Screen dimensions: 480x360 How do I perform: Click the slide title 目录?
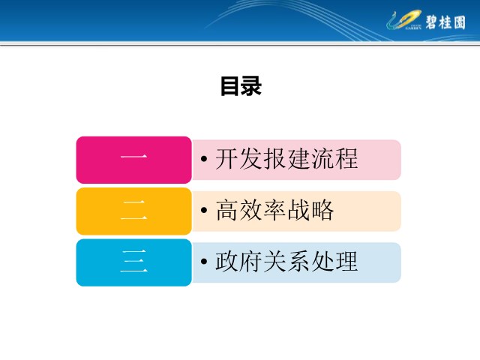tap(241, 86)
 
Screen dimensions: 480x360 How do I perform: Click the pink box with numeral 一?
tap(133, 160)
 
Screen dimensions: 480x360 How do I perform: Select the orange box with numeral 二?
tap(133, 211)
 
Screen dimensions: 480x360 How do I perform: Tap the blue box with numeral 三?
tap(133, 262)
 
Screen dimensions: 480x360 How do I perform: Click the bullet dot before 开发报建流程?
tap(204, 158)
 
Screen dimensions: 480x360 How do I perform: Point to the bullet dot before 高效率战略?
tap(204, 210)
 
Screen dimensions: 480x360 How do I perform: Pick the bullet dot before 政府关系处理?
tap(204, 262)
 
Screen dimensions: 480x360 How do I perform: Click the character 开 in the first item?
tap(226, 158)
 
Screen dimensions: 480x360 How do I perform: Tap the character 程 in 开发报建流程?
tap(346, 158)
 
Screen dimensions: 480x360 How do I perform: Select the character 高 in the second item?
tap(226, 210)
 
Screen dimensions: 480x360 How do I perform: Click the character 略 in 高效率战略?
tap(322, 210)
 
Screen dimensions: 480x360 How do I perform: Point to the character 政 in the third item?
tap(226, 262)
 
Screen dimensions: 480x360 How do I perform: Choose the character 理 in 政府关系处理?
tap(346, 262)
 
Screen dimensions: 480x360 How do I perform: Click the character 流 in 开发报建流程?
tap(322, 158)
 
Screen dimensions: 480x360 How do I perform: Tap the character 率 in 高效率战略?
tap(274, 210)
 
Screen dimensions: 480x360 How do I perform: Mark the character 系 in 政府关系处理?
tap(298, 262)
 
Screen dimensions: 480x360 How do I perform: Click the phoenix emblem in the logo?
tap(403, 19)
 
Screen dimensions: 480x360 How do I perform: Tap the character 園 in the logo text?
tap(460, 22)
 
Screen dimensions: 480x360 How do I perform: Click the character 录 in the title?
tap(251, 86)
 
